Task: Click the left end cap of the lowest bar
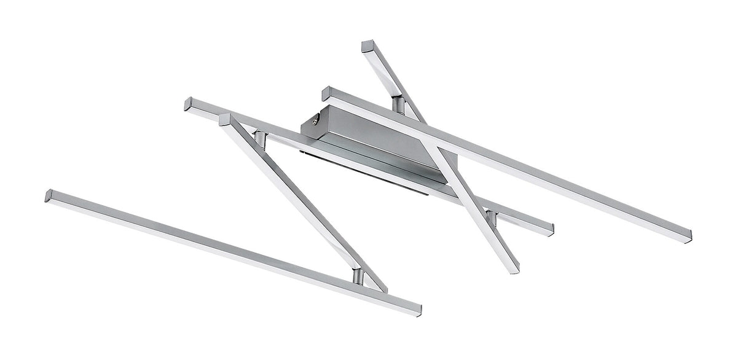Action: point(49,196)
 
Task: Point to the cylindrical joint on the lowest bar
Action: point(358,277)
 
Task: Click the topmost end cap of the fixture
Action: point(367,47)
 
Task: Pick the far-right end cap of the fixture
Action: point(688,237)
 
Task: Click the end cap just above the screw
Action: point(326,93)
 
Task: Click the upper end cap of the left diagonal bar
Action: point(224,119)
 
